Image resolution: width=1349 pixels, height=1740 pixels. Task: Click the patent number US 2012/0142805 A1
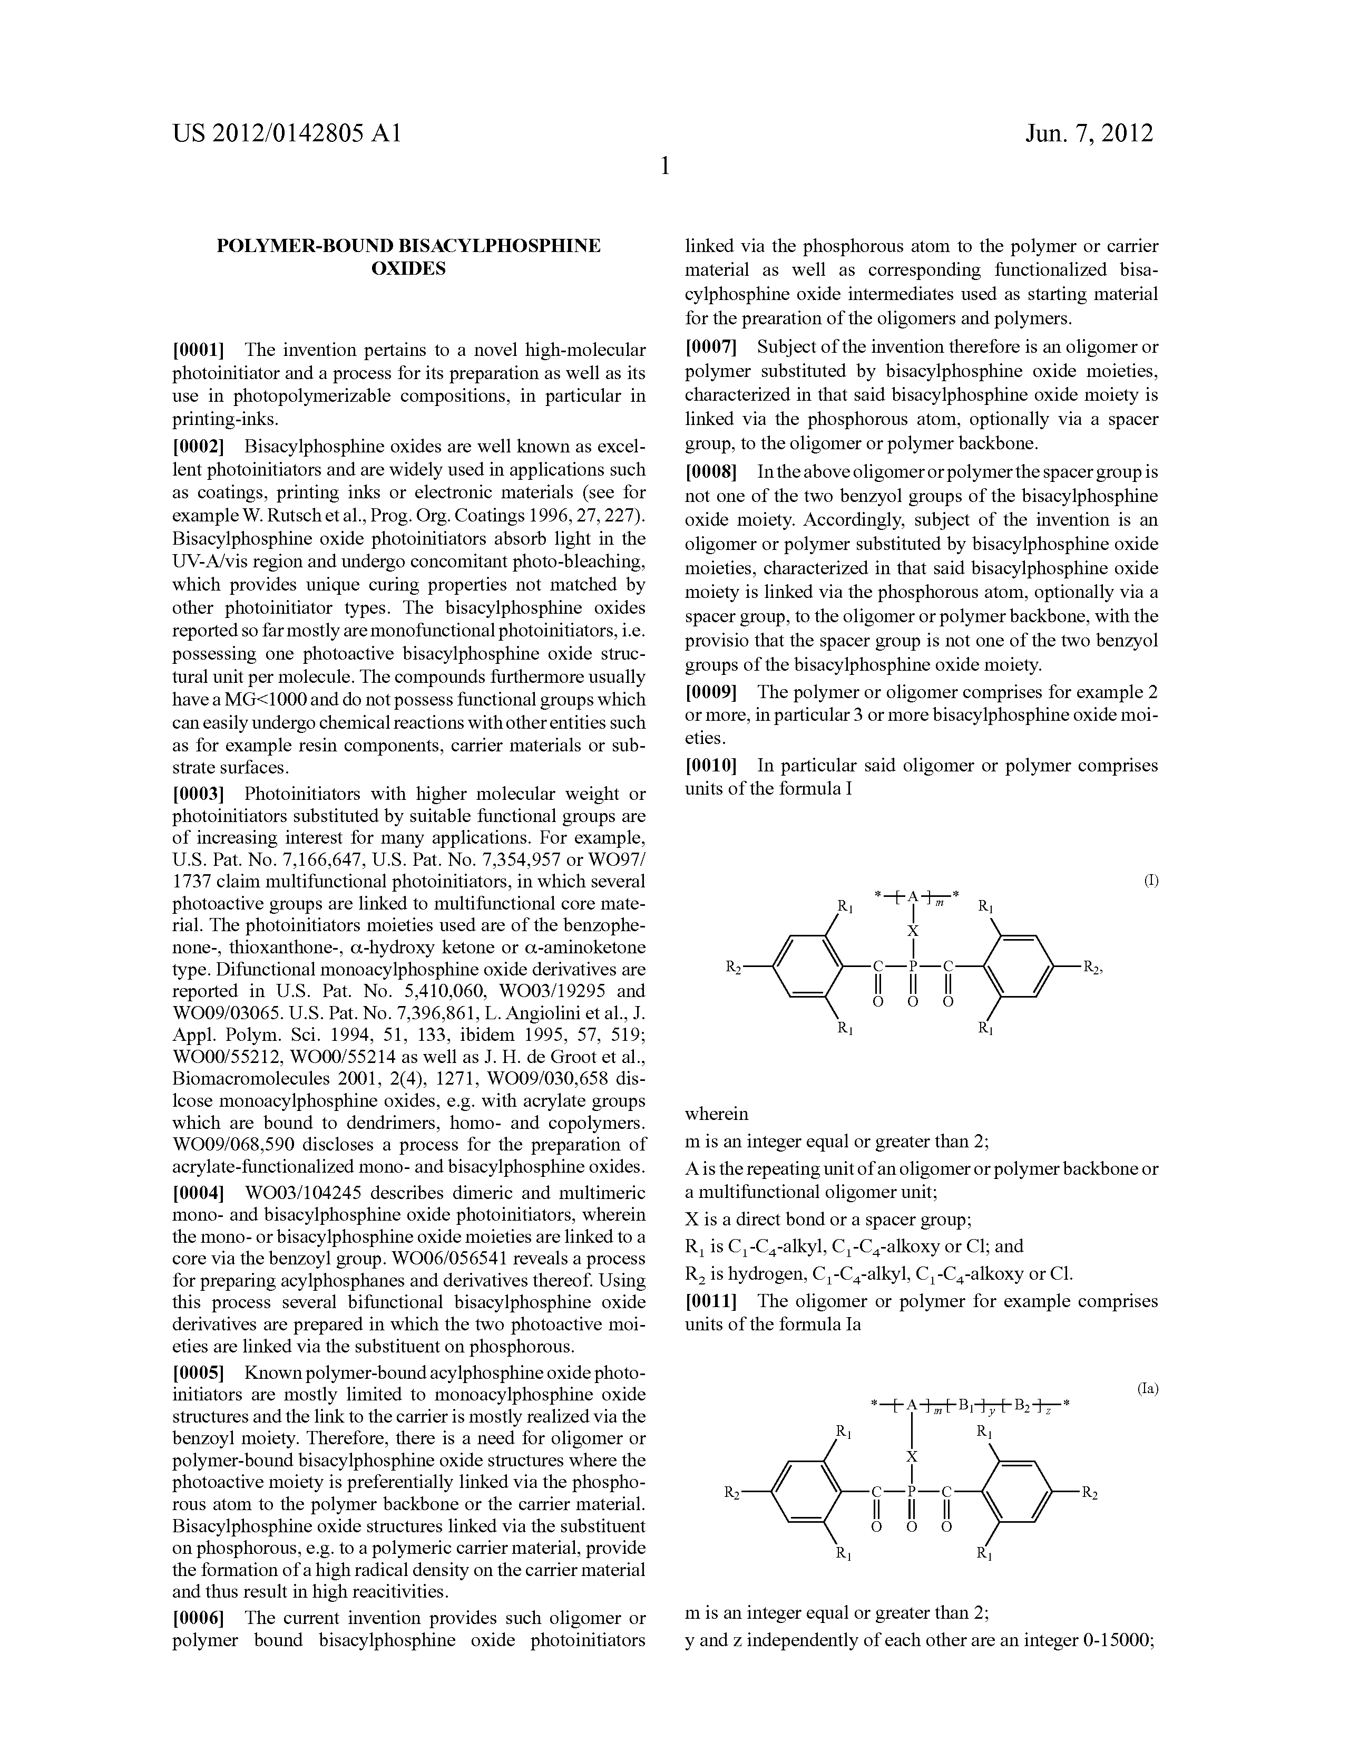click(287, 133)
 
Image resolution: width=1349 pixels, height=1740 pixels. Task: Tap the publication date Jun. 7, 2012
click(1089, 133)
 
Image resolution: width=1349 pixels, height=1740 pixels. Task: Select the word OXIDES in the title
click(408, 268)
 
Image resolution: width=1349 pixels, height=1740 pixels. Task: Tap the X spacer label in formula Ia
click(913, 1456)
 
